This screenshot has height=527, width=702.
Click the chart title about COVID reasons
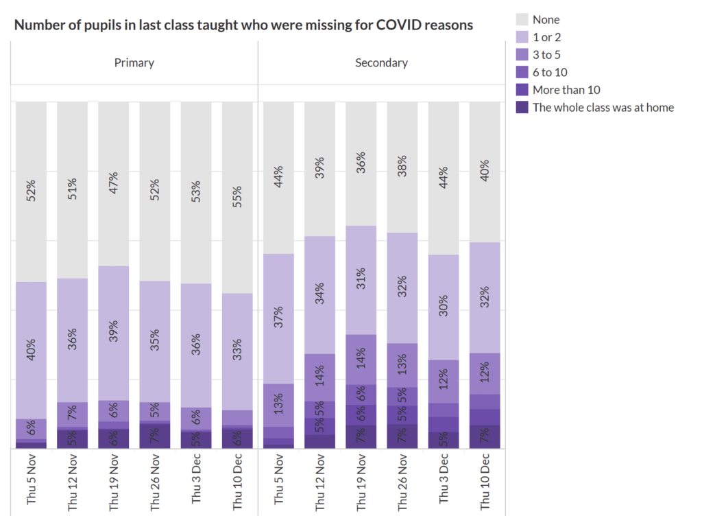pos(243,25)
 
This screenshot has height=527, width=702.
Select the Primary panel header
pos(134,63)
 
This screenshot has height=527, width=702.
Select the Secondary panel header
pos(381,63)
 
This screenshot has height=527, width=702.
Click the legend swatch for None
pos(522,20)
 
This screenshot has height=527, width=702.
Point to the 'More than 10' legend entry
pos(566,90)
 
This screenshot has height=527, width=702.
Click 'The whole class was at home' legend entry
pos(603,107)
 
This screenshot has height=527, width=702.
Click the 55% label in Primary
pos(237,197)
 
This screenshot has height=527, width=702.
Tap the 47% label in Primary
pos(114,183)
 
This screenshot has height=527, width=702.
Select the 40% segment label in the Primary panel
pos(32,349)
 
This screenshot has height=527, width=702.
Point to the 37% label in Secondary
pos(279,318)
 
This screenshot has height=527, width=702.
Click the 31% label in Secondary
pos(361,279)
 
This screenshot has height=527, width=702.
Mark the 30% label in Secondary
pos(444,307)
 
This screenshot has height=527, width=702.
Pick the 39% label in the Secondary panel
pos(320,168)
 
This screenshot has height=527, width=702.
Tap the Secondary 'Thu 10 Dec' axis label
pos(485,482)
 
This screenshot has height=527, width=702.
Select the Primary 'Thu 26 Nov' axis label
pos(155,482)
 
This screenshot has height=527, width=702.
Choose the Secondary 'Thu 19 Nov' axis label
pos(361,482)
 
